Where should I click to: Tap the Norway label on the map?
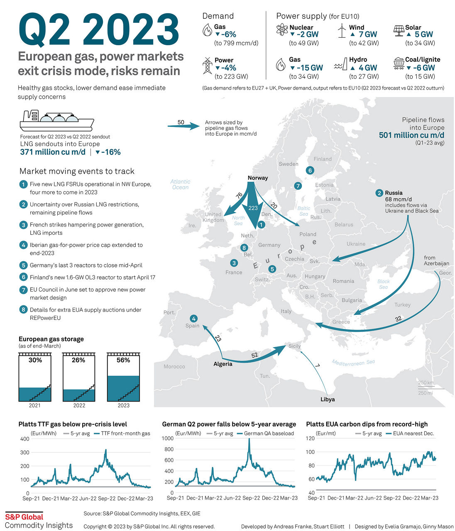coord(257,178)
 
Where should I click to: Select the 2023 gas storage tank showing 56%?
coord(123,377)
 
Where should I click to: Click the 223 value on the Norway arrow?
coord(253,208)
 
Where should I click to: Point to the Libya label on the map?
coord(328,399)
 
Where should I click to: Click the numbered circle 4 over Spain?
coord(193,319)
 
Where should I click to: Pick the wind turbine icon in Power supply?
coord(342,31)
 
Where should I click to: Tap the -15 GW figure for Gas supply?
coord(306,68)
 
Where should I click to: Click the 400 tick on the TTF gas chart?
coord(24,439)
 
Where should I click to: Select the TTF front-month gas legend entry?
coord(122,434)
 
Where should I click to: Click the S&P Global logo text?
coord(24,517)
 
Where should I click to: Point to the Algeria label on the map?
coord(223,364)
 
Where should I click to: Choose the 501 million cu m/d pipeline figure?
coord(411,135)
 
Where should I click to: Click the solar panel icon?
coord(399,31)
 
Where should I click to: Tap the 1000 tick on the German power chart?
coord(168,438)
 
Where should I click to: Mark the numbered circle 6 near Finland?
coord(310,170)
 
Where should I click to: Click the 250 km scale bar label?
coord(426,383)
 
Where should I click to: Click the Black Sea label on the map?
coord(383,284)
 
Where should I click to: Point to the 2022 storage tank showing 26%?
coord(79,377)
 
